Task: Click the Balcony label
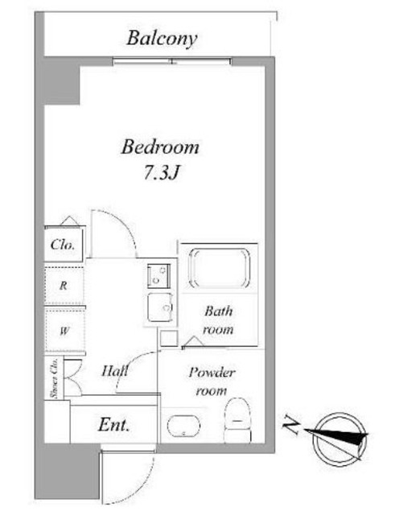click(x=162, y=39)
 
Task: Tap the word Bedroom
click(x=160, y=147)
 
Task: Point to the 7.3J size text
click(x=161, y=172)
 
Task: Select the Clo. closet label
click(x=63, y=245)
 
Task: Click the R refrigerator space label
click(x=64, y=286)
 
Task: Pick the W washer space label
click(x=64, y=331)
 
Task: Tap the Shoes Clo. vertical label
click(x=54, y=377)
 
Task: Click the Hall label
click(x=115, y=371)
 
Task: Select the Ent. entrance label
click(x=113, y=425)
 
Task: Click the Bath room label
click(x=218, y=320)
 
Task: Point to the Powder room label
click(x=212, y=381)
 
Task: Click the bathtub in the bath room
click(x=219, y=268)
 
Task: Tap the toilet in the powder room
click(x=237, y=420)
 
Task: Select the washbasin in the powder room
click(x=184, y=426)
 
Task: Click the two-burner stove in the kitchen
click(x=158, y=275)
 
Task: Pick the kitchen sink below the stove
click(x=160, y=307)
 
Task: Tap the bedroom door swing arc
click(x=120, y=227)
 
